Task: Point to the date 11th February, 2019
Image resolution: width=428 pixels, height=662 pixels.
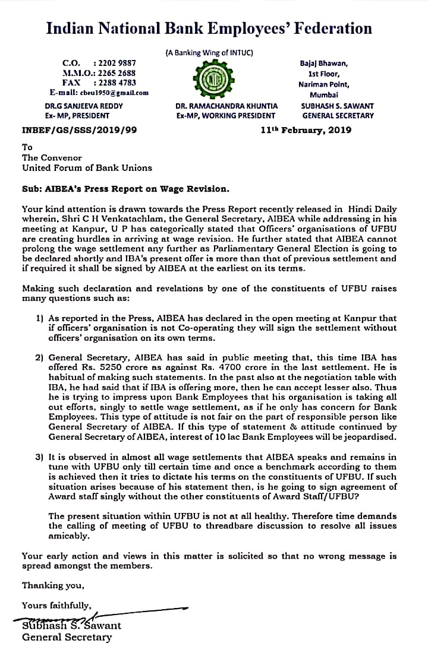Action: coord(306,130)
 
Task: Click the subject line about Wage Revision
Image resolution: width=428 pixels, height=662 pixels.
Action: coord(125,189)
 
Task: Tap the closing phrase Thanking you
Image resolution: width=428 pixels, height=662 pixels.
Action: coord(53,585)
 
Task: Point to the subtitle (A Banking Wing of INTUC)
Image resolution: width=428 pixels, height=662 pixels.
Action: coord(209,52)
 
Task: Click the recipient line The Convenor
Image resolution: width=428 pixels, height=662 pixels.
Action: coord(47,157)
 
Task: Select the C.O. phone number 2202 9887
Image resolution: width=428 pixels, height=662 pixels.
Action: coord(115,62)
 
